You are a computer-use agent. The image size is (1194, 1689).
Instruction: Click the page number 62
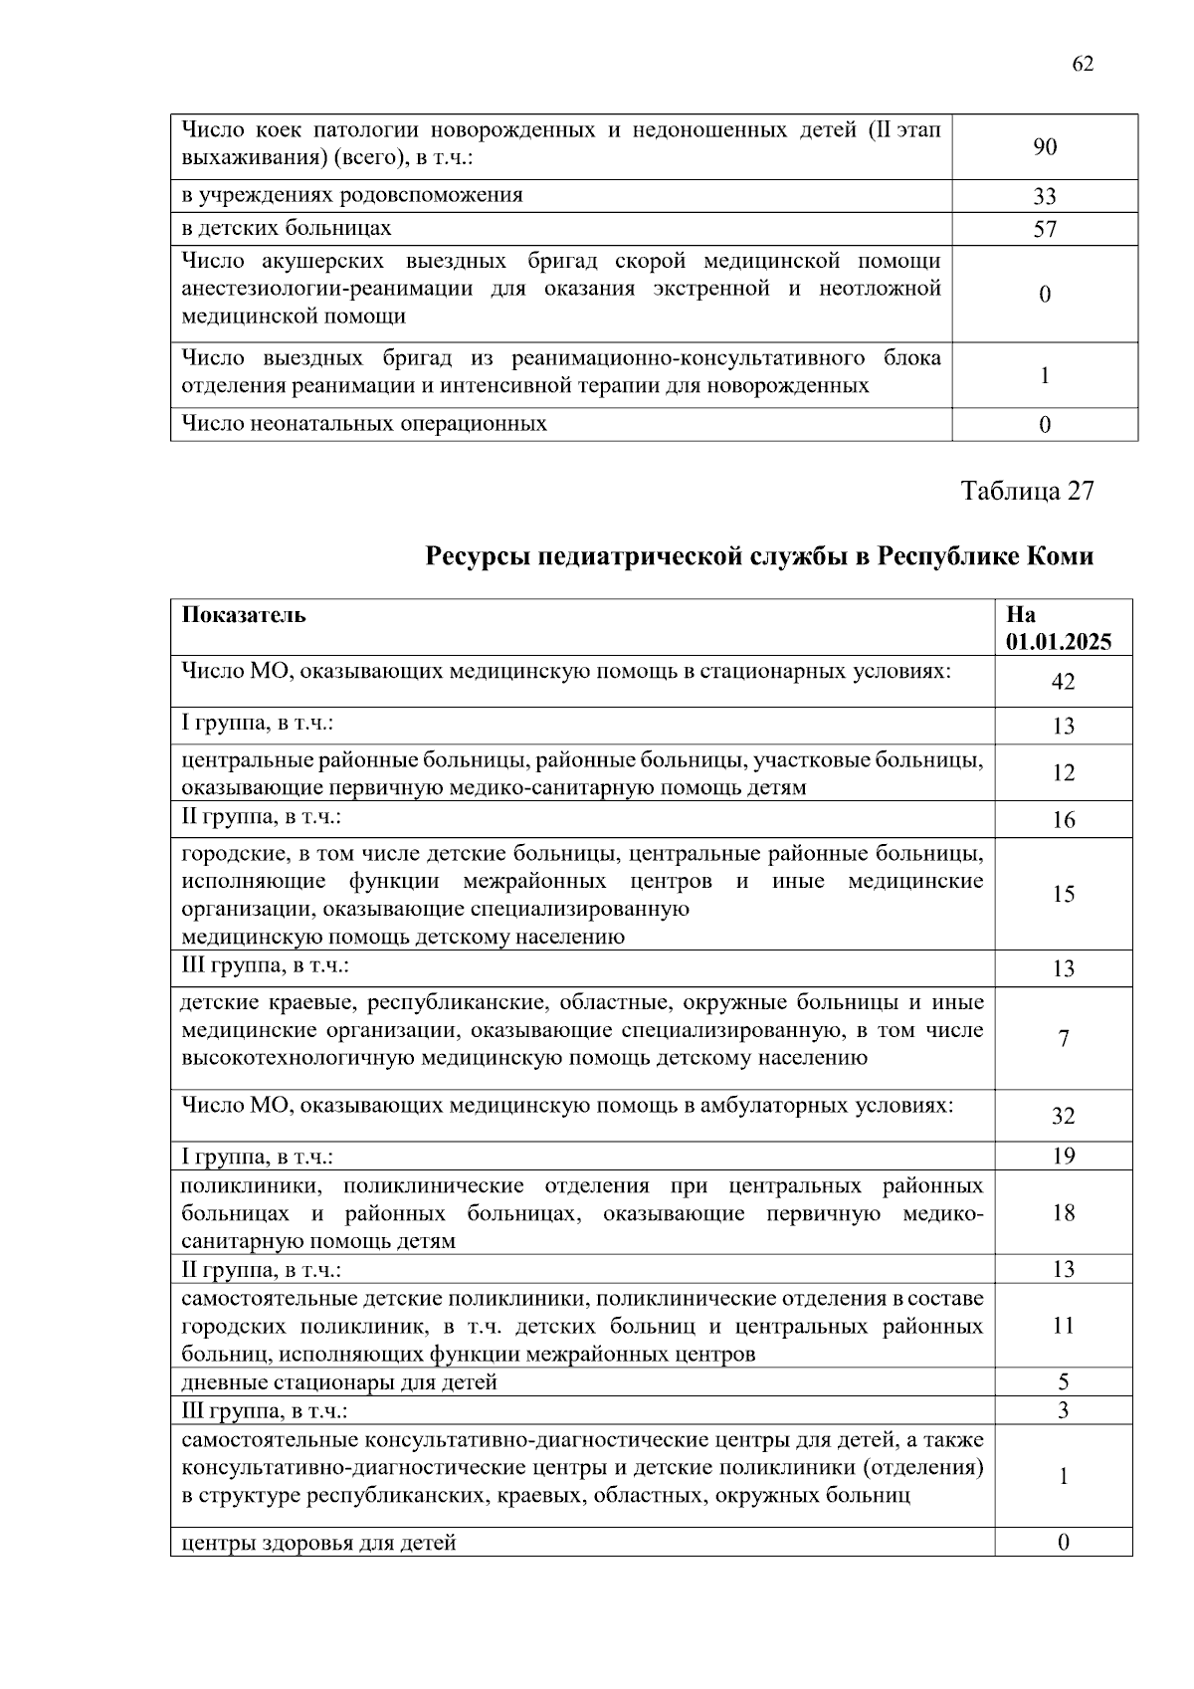click(x=1083, y=64)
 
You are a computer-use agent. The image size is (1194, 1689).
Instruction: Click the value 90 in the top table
click(x=1045, y=147)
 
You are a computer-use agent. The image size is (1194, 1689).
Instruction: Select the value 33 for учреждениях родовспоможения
click(x=1045, y=197)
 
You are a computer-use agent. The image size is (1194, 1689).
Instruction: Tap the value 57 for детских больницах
click(x=1045, y=230)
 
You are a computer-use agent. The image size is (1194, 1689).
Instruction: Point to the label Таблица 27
click(x=1027, y=491)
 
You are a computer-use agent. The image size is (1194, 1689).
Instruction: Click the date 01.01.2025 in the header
click(x=1059, y=642)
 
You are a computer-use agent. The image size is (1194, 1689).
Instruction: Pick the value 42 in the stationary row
click(x=1064, y=682)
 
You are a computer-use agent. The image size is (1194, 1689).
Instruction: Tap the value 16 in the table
click(x=1064, y=820)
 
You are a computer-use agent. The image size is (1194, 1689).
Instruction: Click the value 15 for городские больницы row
click(x=1064, y=894)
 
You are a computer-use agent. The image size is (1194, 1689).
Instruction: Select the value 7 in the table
click(x=1064, y=1038)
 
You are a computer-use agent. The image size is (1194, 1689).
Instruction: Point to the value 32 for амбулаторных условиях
click(x=1064, y=1116)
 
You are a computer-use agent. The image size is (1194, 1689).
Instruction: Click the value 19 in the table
click(x=1064, y=1156)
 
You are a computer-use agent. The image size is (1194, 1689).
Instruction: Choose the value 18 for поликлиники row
click(x=1064, y=1212)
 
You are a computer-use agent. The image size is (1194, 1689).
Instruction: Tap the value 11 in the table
click(x=1064, y=1326)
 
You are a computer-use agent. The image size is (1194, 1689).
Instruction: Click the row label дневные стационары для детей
click(x=338, y=1382)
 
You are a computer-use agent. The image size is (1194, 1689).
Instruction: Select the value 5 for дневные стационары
click(x=1064, y=1382)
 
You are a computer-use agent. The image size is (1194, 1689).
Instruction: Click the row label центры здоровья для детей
click(x=318, y=1544)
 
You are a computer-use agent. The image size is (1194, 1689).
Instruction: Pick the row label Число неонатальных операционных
click(x=363, y=424)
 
